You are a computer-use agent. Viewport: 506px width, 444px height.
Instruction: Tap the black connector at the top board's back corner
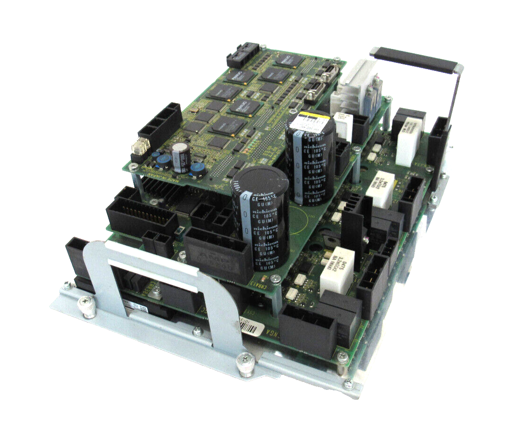[x=243, y=55]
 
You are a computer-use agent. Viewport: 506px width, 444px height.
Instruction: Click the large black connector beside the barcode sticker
[x=308, y=330]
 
